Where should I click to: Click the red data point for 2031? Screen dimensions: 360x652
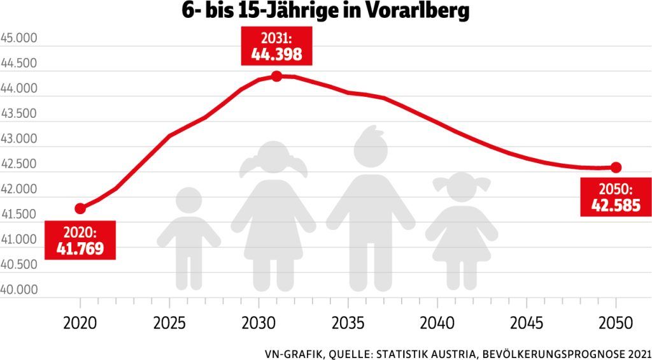(276, 76)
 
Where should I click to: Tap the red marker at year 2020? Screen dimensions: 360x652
(80, 208)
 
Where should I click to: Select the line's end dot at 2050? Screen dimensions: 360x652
(616, 168)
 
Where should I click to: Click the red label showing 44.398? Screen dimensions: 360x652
(276, 47)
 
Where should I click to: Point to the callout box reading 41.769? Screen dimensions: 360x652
(80, 240)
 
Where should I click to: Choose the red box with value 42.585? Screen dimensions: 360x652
(616, 198)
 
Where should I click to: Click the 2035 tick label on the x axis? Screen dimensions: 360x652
(348, 322)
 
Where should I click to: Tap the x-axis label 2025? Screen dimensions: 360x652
(169, 322)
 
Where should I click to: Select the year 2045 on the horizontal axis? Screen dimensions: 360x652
(527, 322)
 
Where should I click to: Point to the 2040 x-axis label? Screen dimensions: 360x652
(437, 322)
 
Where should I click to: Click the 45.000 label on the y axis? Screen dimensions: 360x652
(20, 38)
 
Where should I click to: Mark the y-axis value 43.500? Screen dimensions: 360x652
(20, 113)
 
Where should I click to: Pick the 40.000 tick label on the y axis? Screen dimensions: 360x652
(20, 289)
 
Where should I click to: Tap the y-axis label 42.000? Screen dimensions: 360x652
(20, 189)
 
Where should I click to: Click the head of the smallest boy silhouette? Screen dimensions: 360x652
(188, 201)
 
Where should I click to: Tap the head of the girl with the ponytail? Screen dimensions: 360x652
(274, 160)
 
